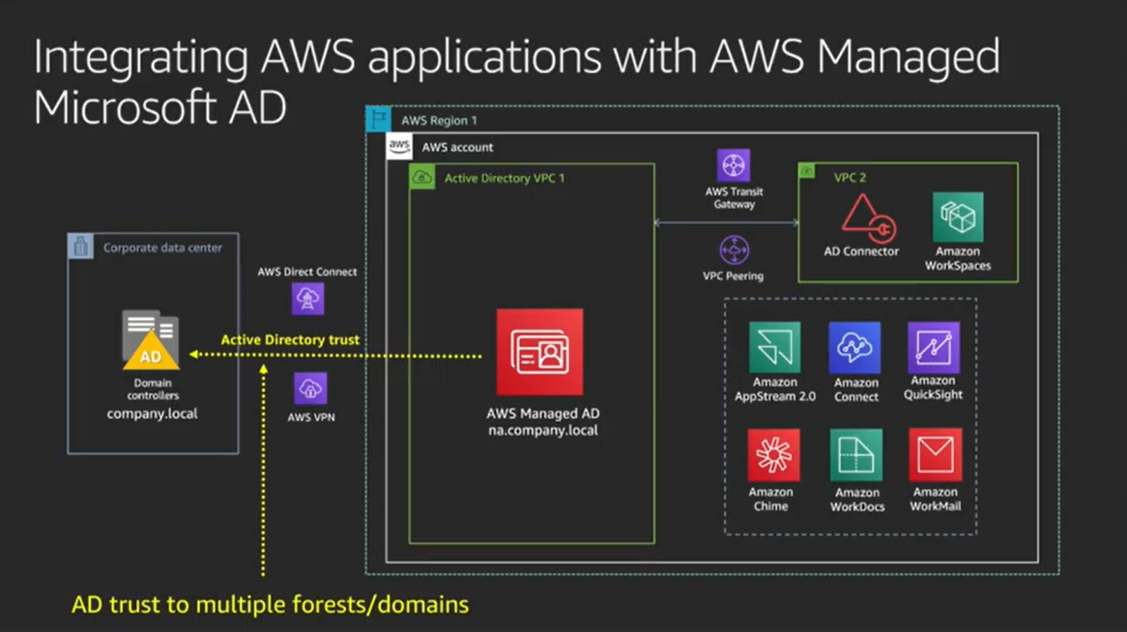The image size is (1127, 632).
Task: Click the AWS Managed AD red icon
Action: point(539,352)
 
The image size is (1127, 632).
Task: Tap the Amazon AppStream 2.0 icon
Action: point(774,348)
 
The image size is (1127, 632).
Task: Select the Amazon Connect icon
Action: point(855,348)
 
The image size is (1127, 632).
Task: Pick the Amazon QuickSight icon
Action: point(934,348)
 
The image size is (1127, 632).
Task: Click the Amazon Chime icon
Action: point(773,455)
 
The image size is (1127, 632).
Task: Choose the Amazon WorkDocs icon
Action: point(856,455)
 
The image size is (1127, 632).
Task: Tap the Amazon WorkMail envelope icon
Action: point(935,455)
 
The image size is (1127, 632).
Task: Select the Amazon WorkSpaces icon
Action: point(958,217)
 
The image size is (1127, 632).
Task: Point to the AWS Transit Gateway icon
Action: point(734,165)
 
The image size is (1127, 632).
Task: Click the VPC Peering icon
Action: point(734,250)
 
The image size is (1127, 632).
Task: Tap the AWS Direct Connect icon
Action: point(307,299)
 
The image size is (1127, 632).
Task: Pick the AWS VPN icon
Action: point(310,388)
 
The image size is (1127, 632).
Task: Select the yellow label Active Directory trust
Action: point(290,340)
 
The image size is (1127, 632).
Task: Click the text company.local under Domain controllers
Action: point(153,414)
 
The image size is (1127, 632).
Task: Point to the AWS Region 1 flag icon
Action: point(378,120)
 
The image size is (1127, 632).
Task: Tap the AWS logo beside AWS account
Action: point(399,147)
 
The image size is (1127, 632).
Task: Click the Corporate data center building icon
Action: point(81,246)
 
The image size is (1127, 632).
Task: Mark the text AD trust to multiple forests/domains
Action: point(270,605)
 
